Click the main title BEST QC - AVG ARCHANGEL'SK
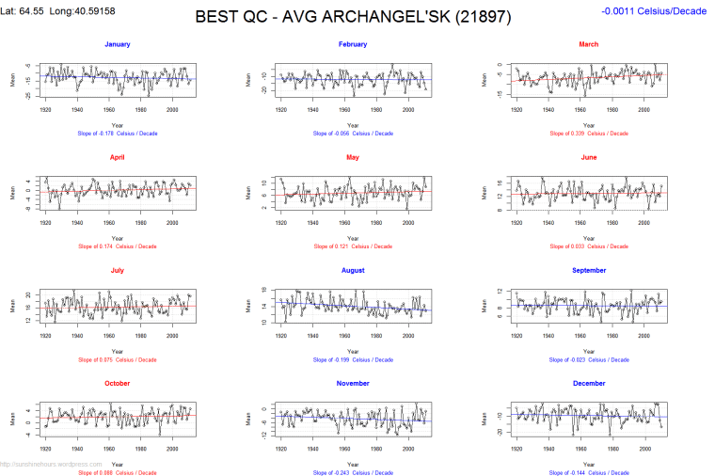(x=349, y=17)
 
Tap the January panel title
(x=118, y=44)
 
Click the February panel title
(x=353, y=44)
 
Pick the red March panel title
(x=588, y=44)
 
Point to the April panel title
(x=118, y=157)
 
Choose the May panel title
(x=353, y=157)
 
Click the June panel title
(x=588, y=157)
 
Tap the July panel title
(x=118, y=270)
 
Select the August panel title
(x=353, y=270)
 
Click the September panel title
(x=588, y=270)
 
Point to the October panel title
(x=118, y=383)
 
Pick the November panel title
(x=353, y=383)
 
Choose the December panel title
(x=588, y=383)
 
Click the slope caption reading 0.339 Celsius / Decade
(x=588, y=134)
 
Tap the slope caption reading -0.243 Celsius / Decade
(x=353, y=472)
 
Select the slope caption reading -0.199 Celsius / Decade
(x=353, y=359)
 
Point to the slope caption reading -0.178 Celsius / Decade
(x=118, y=134)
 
